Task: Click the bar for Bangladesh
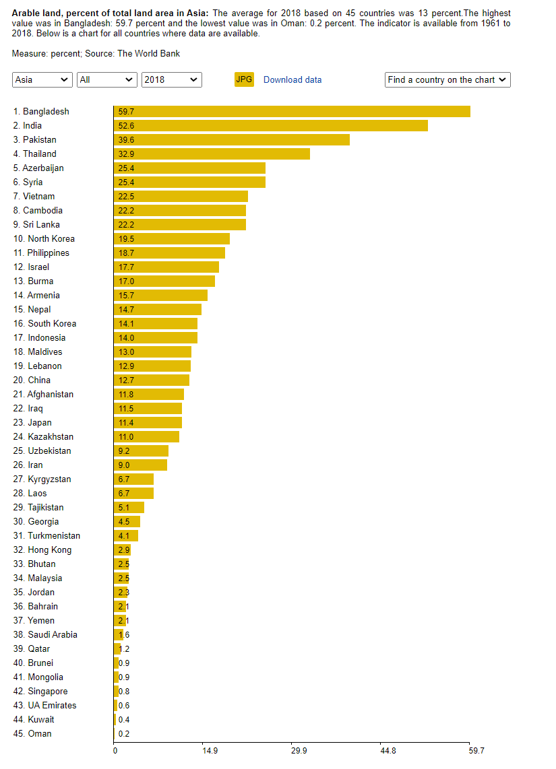tap(292, 111)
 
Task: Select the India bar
tap(271, 125)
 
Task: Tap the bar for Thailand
tap(212, 154)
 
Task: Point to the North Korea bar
tap(172, 239)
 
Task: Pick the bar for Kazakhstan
tap(146, 436)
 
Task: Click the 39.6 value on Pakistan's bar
tap(126, 140)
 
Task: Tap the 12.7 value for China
tap(126, 380)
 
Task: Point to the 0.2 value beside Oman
tap(124, 734)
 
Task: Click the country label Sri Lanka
tap(36, 225)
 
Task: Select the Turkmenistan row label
tap(47, 535)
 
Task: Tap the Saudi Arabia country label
tap(45, 634)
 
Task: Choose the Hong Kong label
tap(42, 549)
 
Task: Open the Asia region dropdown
tap(42, 80)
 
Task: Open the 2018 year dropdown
tap(172, 80)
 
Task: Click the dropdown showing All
tap(107, 80)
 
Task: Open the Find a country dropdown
tap(447, 80)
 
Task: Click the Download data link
tap(292, 80)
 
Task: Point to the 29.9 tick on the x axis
tap(299, 751)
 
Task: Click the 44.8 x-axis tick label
tap(388, 751)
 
